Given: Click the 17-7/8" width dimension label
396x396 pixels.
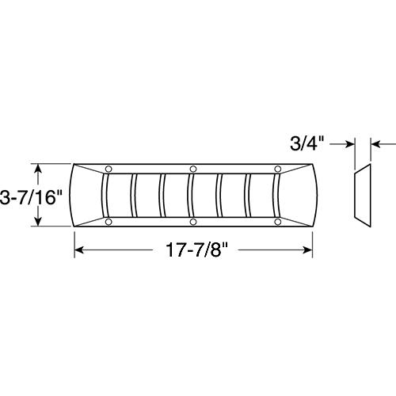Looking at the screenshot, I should point(193,250).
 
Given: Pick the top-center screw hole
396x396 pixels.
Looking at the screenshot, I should point(193,168).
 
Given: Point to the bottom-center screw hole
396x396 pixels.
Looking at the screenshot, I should point(193,223).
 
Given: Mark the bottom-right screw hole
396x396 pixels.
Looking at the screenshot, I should point(277,223).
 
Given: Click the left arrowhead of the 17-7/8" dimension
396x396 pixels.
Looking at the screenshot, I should point(78,250).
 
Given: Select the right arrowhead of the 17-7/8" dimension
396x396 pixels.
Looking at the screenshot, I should point(309,250).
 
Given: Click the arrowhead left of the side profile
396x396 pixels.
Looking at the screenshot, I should point(348,144).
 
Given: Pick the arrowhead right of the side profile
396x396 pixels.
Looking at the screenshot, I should point(375,144).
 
